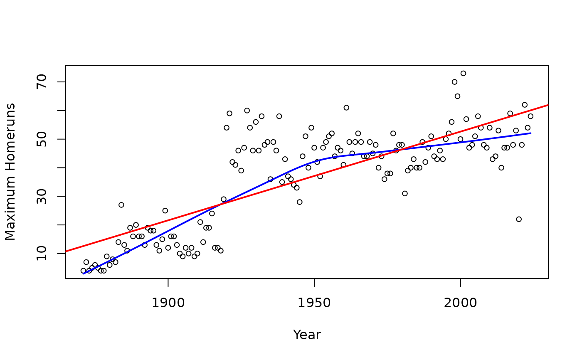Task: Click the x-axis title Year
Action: point(307,335)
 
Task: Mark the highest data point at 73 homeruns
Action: point(463,73)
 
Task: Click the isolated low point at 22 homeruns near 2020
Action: point(519,219)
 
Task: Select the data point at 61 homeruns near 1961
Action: point(346,108)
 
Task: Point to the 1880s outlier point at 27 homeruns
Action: point(121,205)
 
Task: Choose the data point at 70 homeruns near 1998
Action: point(454,82)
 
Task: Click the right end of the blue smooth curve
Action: point(530,133)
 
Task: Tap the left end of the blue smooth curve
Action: point(83,274)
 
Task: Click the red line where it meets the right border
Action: point(548,105)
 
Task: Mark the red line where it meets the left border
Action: point(66,252)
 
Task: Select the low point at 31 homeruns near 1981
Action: point(405,193)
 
